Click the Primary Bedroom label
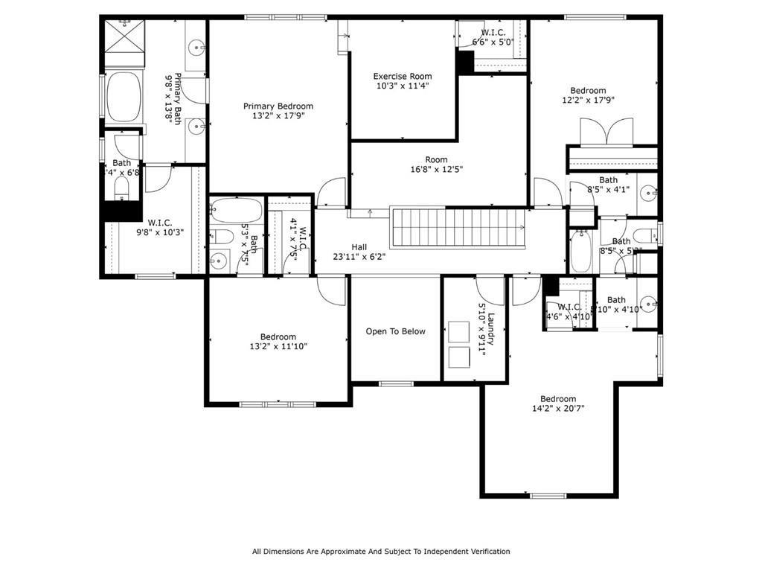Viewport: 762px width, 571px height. pos(278,106)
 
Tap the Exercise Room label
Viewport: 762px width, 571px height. pos(402,76)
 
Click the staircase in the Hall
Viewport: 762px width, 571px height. pos(458,229)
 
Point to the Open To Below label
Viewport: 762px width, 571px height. pos(395,331)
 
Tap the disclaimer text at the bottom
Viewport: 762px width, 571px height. pos(381,552)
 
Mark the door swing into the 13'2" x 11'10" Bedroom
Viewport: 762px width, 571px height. pos(332,290)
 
